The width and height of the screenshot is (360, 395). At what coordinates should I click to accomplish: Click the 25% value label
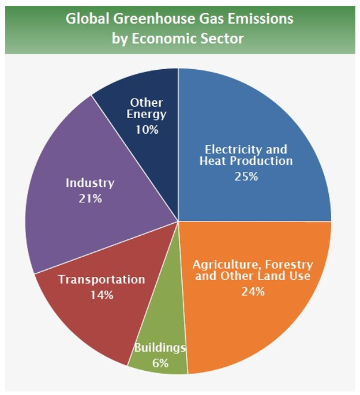[x=246, y=176]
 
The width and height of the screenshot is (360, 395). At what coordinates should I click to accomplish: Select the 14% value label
[x=102, y=295]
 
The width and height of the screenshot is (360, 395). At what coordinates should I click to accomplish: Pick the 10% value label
[x=147, y=129]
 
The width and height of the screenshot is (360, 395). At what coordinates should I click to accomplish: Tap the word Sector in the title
[x=223, y=39]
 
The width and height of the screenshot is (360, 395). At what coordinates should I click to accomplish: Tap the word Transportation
[x=102, y=280]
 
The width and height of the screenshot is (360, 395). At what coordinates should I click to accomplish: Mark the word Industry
[x=90, y=183]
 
